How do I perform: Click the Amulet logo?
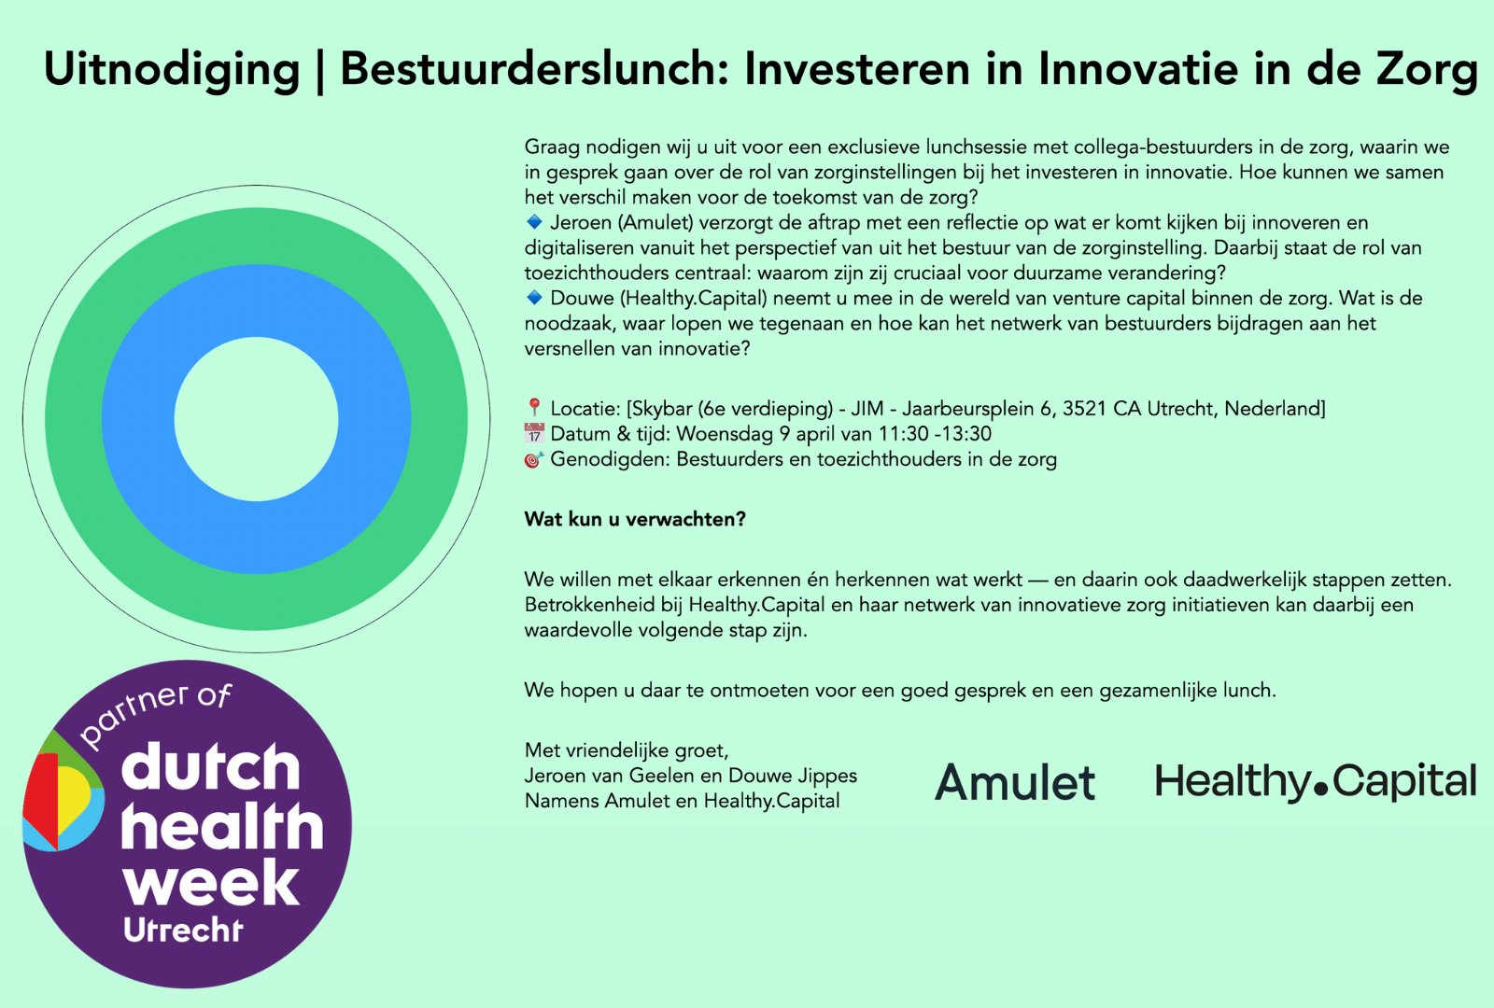(x=1014, y=781)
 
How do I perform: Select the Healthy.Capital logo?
(x=1316, y=781)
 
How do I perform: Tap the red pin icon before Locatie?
(x=533, y=407)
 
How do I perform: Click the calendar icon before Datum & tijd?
(x=534, y=433)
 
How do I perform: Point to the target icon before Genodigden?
(x=534, y=459)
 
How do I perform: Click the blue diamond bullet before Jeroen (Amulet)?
(x=534, y=221)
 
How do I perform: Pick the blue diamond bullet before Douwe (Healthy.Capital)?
(x=534, y=297)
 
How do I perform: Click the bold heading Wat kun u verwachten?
(x=635, y=519)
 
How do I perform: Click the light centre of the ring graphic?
(x=256, y=419)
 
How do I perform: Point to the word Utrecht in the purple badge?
(x=183, y=931)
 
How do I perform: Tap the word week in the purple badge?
(x=211, y=883)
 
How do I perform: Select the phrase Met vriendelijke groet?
(x=627, y=750)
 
